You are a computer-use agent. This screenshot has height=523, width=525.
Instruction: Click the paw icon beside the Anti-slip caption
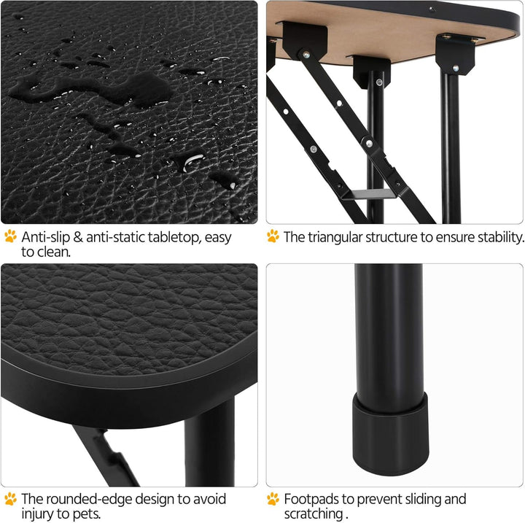point(10,236)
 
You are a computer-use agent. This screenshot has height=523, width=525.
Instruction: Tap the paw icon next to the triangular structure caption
point(273,236)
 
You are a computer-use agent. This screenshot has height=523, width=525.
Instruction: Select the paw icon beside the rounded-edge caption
point(10,499)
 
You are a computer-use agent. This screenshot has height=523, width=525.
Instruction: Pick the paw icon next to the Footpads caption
point(273,499)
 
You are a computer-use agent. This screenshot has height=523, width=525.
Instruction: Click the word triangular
point(337,237)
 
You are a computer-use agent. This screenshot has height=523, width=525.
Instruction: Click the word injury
point(38,514)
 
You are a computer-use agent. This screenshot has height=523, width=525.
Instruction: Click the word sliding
point(421,499)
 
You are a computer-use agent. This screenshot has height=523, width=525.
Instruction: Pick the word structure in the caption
point(394,237)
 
